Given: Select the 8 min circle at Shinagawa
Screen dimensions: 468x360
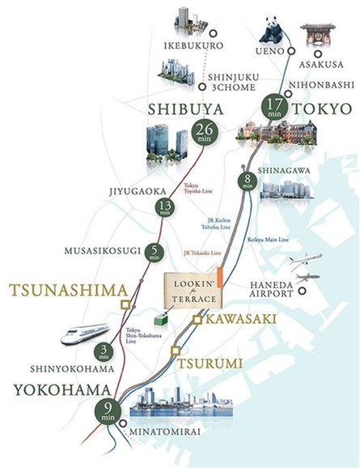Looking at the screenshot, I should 248,180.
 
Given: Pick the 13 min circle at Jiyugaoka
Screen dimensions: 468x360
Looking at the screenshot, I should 167,208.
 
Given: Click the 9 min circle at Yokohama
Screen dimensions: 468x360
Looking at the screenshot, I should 108,412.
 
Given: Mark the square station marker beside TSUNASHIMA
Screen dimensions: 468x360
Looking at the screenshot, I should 125,304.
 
